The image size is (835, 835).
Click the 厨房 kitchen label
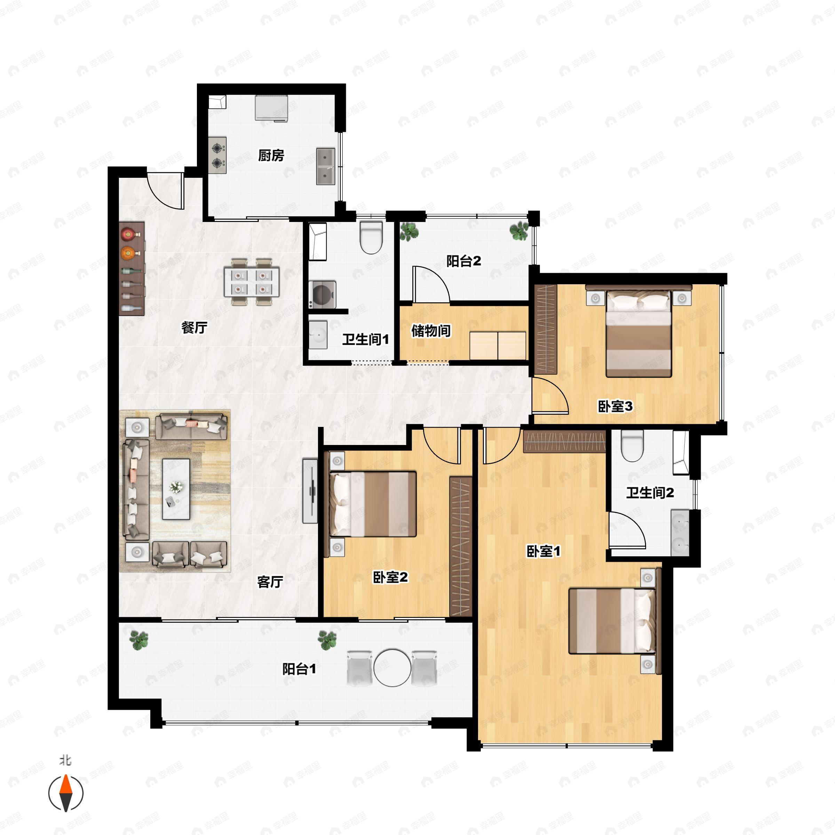[x=271, y=155]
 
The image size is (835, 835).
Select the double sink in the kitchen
[x=325, y=166]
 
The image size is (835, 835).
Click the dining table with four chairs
[x=252, y=282]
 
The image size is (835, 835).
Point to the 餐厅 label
[x=194, y=328]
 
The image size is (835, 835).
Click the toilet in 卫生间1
[x=371, y=238]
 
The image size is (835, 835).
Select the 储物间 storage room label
[x=431, y=331]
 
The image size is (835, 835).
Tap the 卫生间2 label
[x=650, y=493]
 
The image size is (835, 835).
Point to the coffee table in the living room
[x=176, y=489]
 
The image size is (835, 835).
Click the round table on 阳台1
[x=392, y=668]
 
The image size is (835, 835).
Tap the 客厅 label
[x=270, y=582]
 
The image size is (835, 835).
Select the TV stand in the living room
[x=310, y=491]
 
